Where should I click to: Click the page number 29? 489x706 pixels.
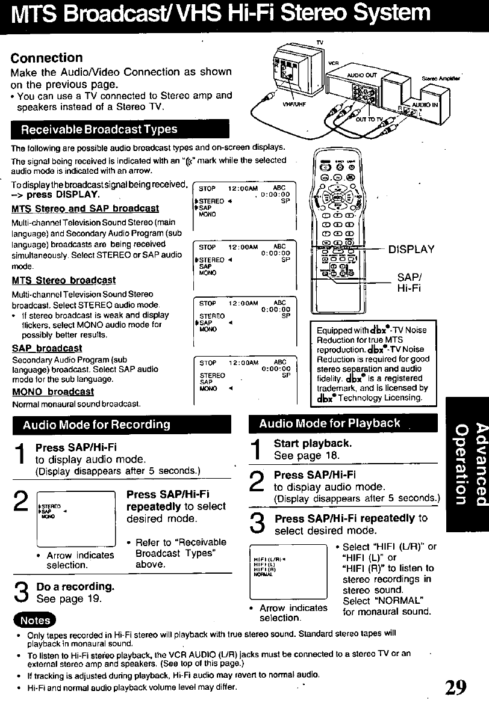pyautogui.click(x=456, y=687)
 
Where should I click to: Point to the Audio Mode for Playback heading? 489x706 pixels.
pyautogui.click(x=329, y=423)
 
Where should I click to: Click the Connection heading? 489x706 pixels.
pyautogui.click(x=46, y=58)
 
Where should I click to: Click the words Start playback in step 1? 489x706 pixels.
pyautogui.click(x=313, y=444)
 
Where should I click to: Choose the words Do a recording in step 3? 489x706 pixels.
pyautogui.click(x=75, y=586)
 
